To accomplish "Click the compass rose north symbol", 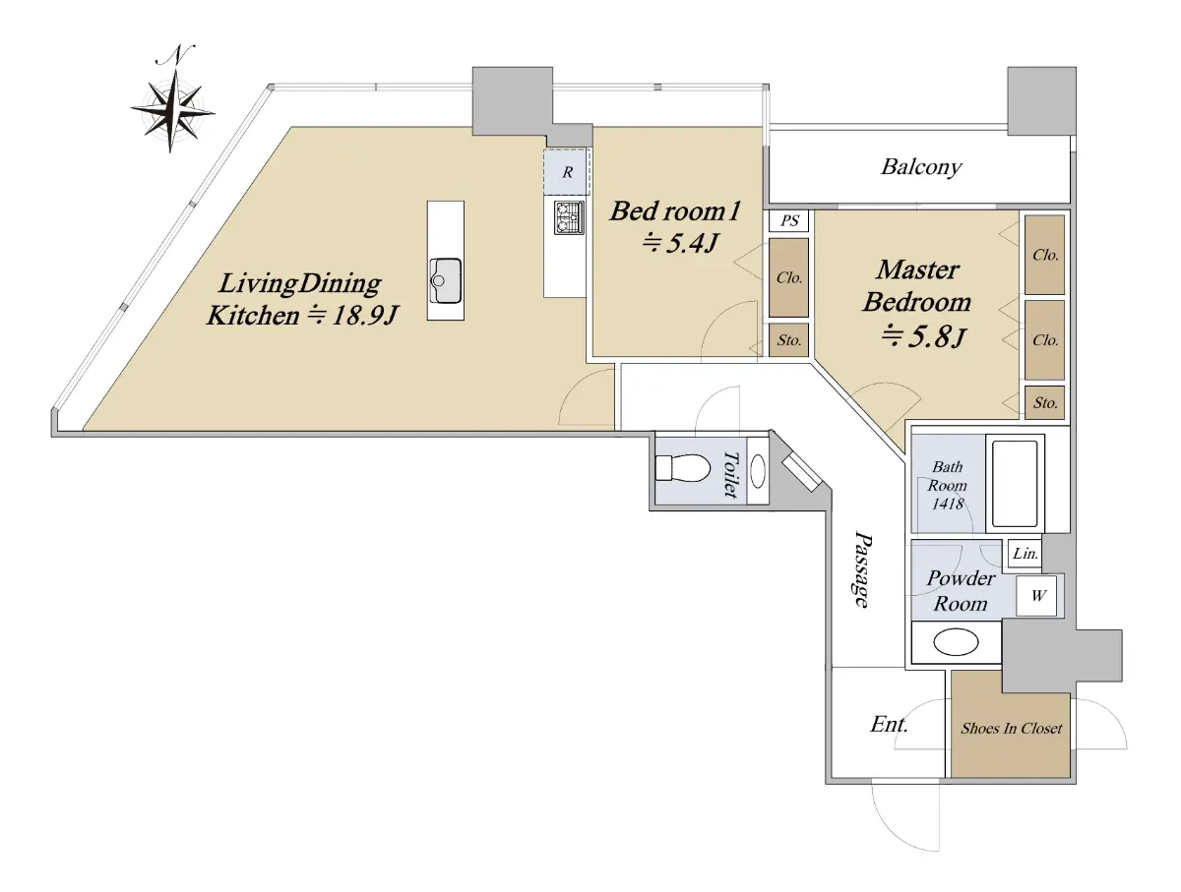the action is click(x=172, y=99).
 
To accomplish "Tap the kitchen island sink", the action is click(x=446, y=280).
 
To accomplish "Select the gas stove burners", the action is click(x=569, y=217).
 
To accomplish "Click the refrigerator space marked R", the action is click(x=567, y=172).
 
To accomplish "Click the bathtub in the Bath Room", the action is click(x=1015, y=483).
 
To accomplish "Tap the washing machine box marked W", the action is click(x=1038, y=595).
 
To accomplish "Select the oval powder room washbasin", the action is click(x=956, y=642).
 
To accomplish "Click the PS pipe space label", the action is click(x=788, y=220).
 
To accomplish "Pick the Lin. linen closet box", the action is click(x=1025, y=554).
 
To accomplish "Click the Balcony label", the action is click(x=921, y=167).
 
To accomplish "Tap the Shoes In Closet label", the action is click(x=1011, y=728).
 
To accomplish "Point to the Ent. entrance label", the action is click(x=889, y=724).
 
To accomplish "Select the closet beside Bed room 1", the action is click(x=788, y=277).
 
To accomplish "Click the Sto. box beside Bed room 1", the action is click(x=788, y=340).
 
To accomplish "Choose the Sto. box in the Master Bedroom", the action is click(x=1044, y=402).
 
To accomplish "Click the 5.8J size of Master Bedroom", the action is click(x=923, y=336).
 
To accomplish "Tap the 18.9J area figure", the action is click(x=352, y=315).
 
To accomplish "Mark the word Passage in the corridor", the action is click(x=862, y=568).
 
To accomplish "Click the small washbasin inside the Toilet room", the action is click(x=758, y=471).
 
